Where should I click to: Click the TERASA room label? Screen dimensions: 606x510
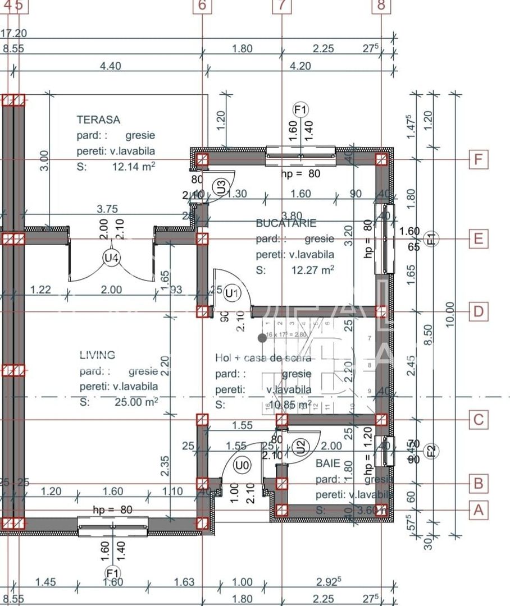pos(98,120)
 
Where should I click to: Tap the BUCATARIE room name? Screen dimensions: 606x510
pos(286,223)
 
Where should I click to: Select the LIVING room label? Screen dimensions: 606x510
pos(97,355)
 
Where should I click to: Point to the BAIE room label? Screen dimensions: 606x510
pos(327,463)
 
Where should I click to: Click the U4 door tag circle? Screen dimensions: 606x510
pos(111,258)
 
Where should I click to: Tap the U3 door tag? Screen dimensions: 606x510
pos(221,184)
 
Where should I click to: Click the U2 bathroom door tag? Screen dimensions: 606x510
pos(301,447)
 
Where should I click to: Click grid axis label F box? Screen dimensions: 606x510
pos(478,160)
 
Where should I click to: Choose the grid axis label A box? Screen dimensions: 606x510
pos(478,510)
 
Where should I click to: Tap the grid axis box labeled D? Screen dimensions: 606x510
pos(478,311)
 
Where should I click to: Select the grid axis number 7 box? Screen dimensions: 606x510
pos(282,5)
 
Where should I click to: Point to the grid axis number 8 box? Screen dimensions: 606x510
pos(381,5)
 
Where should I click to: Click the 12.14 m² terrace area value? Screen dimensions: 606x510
pos(133,167)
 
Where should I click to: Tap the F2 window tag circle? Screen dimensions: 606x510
pos(431,451)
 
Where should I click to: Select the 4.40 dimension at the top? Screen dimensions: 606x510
pos(110,66)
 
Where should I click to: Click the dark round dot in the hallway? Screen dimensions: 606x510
pos(262,338)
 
